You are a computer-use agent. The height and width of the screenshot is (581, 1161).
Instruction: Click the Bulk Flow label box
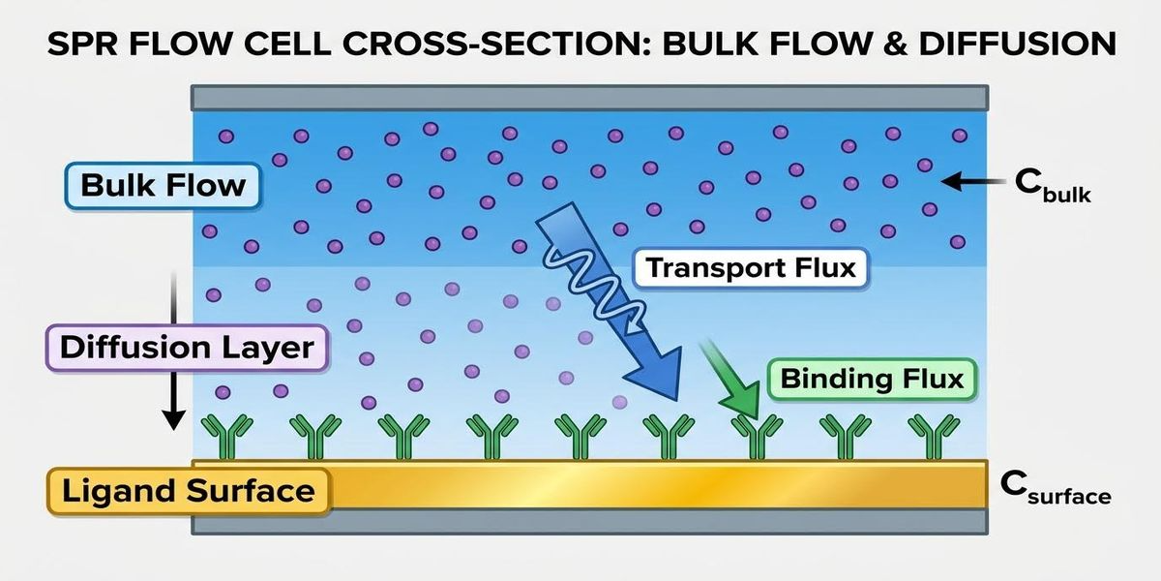(163, 185)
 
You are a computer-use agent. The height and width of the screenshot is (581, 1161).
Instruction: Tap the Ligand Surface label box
(188, 490)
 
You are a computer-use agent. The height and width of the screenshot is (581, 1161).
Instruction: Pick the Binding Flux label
(872, 379)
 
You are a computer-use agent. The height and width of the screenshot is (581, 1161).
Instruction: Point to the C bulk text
(1052, 185)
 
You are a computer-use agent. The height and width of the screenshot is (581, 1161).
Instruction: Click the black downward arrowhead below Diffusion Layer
(173, 418)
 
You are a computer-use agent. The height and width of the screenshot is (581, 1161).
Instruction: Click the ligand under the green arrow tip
(756, 438)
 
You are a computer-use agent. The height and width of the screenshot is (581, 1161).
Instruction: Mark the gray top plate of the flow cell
(589, 97)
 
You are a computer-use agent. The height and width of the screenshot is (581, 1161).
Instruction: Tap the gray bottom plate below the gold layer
(589, 521)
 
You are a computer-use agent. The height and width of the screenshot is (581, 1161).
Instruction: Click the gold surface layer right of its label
(658, 484)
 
